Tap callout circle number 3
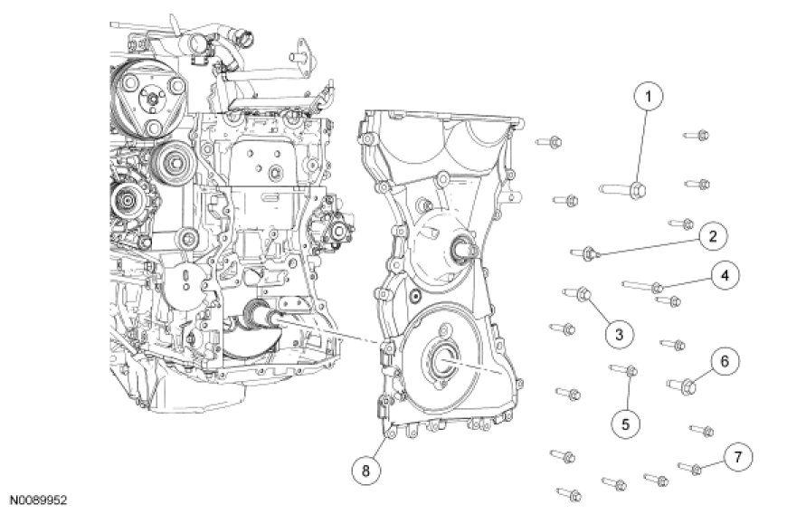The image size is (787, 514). point(619,335)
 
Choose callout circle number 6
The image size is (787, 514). point(725,362)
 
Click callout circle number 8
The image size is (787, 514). point(366,470)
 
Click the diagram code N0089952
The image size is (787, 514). point(39,500)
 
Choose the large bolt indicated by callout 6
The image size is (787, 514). point(682,385)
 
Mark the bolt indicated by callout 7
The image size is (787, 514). point(690,468)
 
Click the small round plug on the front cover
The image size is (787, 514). point(413,296)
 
